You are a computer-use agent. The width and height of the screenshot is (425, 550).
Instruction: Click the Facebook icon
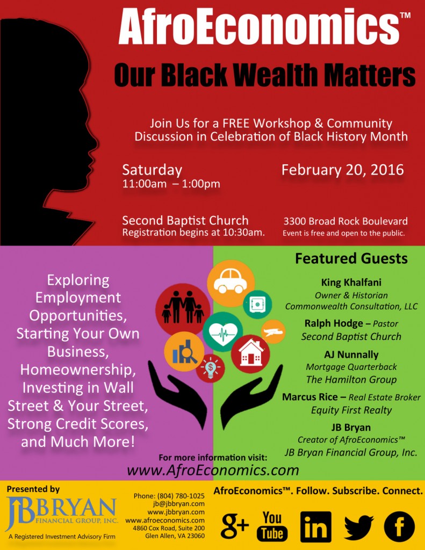[x=399, y=527]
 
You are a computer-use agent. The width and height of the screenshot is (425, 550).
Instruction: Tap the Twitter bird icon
[x=359, y=527]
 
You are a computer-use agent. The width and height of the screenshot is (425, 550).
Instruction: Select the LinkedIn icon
[x=316, y=527]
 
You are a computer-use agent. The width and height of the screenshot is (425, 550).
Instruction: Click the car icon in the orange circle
[x=230, y=281]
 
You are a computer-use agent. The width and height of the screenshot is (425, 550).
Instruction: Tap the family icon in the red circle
[x=183, y=307]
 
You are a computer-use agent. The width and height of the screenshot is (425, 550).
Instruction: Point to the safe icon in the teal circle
[x=257, y=304]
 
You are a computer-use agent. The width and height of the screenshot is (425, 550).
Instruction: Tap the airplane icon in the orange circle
[x=273, y=331]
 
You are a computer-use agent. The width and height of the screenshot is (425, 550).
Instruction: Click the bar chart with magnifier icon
[x=184, y=352]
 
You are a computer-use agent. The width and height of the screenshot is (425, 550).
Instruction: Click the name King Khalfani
[x=351, y=283]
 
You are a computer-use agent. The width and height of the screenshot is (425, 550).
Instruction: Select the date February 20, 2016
[x=343, y=170]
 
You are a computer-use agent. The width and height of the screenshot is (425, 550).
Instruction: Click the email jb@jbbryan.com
[x=178, y=504]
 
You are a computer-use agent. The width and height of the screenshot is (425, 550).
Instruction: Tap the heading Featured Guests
[x=351, y=258]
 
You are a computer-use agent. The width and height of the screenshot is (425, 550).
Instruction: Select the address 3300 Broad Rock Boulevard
[x=345, y=221]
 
